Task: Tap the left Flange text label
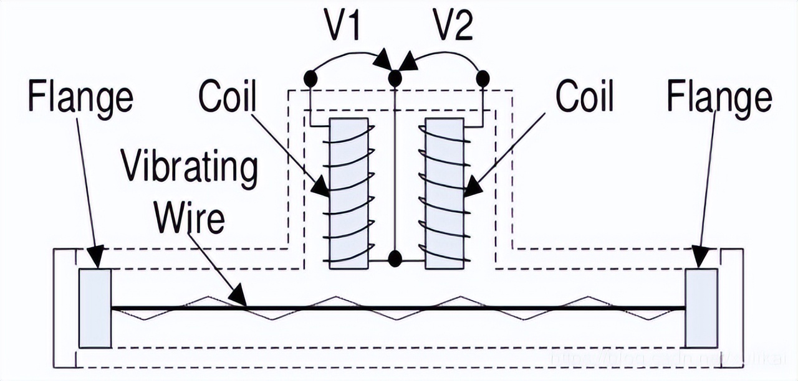[80, 98]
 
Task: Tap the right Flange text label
[719, 98]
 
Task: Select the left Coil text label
[228, 98]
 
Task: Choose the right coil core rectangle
[444, 194]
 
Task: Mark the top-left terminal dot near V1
[310, 78]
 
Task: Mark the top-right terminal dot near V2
[483, 78]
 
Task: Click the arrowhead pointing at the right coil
[472, 186]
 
